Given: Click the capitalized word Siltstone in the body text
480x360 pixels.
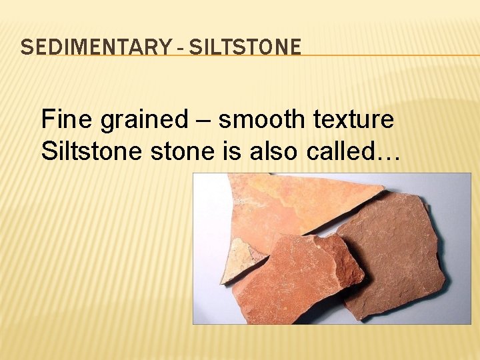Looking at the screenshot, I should (x=85, y=151).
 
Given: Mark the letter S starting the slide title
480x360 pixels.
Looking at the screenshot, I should (x=25, y=47).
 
